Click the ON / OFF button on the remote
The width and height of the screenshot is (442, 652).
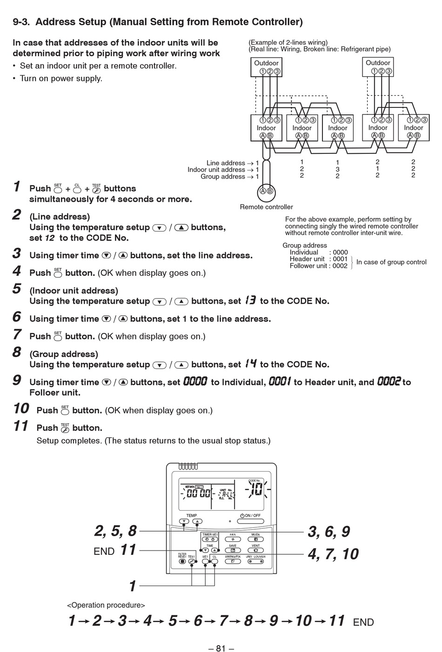tap(250, 521)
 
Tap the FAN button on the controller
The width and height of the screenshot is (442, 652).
tap(232, 539)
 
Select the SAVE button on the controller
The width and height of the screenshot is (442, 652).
tap(232, 550)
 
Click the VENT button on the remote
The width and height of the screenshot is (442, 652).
tap(255, 550)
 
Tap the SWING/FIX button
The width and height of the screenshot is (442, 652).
tap(232, 561)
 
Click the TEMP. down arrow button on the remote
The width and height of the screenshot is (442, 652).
tap(185, 521)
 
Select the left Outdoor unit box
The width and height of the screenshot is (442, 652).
tap(266, 67)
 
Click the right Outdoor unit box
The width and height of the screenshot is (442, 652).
tap(378, 67)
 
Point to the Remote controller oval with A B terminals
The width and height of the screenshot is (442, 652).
tap(266, 191)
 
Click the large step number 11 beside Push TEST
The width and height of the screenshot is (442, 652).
tap(21, 426)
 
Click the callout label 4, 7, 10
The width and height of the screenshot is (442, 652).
tap(333, 553)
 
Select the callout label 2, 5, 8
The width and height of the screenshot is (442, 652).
tap(115, 531)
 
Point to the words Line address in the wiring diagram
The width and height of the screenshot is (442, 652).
tap(226, 163)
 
